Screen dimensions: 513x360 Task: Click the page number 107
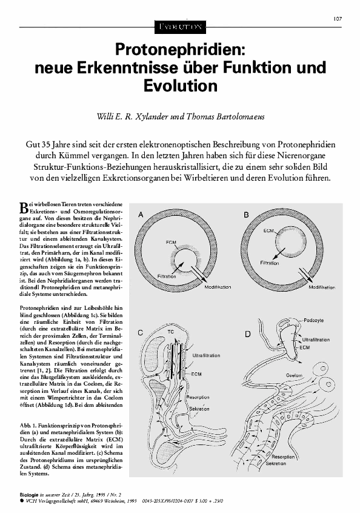click(338, 18)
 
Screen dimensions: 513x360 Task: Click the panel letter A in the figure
click(141, 214)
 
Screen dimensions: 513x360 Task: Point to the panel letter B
click(245, 214)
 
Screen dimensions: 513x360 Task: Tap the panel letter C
click(141, 332)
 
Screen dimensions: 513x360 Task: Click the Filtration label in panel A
click(168, 275)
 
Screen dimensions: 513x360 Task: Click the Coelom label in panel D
click(295, 375)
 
